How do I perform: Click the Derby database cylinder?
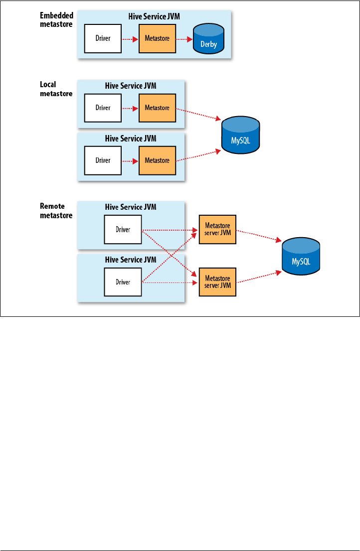(208, 39)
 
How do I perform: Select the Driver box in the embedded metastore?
(103, 39)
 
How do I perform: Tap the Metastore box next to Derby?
(157, 39)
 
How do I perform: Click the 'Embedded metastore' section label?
(57, 20)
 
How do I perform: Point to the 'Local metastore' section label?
(56, 89)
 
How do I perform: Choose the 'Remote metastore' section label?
(56, 211)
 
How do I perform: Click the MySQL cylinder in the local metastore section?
(240, 135)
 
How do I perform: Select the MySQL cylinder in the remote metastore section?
(301, 256)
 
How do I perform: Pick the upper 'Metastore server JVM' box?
(217, 230)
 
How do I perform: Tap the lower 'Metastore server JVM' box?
(217, 282)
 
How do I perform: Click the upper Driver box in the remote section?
(123, 230)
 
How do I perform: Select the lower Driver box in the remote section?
(123, 282)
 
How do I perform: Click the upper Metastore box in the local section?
(157, 108)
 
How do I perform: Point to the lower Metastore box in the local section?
(157, 160)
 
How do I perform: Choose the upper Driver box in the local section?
(103, 108)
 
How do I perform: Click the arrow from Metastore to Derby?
(184, 39)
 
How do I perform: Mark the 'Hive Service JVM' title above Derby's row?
(154, 16)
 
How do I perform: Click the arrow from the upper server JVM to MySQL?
(259, 236)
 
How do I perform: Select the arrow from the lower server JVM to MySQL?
(259, 276)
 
